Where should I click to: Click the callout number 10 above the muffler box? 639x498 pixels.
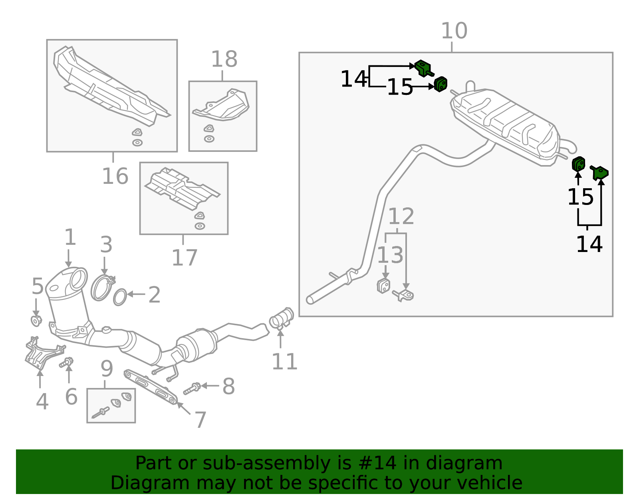(454, 31)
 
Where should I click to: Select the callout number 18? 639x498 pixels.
(224, 59)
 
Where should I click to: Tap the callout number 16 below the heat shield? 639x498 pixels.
(115, 176)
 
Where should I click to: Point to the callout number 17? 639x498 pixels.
(184, 258)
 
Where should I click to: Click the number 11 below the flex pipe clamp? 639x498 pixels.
(284, 362)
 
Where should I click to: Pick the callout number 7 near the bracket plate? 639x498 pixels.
(200, 420)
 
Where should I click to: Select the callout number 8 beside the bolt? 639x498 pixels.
(228, 386)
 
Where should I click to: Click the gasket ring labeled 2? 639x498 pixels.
(120, 297)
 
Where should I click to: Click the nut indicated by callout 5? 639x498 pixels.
(36, 320)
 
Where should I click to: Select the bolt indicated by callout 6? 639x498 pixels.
(67, 362)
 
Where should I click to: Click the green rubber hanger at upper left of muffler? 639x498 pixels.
(441, 84)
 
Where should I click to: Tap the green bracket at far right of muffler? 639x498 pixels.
(600, 173)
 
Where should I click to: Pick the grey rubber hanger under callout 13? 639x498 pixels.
(383, 286)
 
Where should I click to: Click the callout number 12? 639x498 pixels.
(401, 217)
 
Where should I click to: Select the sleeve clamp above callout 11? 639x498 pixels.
(282, 318)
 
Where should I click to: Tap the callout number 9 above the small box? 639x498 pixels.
(107, 369)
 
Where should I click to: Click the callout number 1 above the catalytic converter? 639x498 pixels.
(70, 238)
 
